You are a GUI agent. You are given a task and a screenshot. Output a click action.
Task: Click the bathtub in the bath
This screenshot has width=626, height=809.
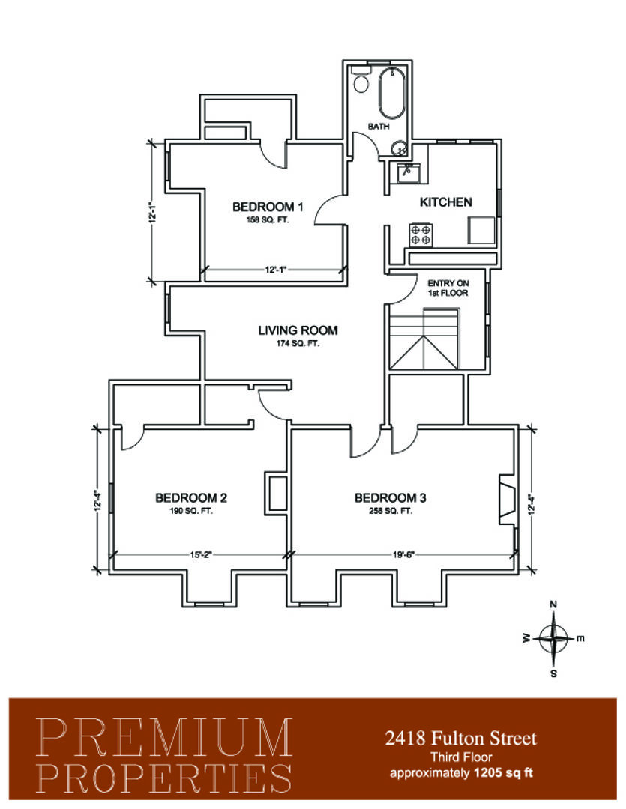pos(392,93)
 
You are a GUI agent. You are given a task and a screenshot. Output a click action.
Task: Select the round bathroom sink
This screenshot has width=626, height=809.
pos(398,149)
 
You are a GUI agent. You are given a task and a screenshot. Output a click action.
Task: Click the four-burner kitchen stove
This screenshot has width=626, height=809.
pos(420,234)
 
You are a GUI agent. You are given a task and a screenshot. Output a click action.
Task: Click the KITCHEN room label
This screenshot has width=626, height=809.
pos(445,202)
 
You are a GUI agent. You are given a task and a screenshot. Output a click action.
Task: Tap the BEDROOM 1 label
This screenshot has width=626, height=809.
pos(268,207)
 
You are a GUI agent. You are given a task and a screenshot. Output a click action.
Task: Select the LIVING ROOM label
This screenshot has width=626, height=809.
pos(298,330)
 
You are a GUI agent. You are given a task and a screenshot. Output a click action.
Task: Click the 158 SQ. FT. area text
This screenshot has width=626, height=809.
pos(267,220)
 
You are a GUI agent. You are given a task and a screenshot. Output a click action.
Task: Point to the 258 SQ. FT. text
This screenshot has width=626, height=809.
pos(390,512)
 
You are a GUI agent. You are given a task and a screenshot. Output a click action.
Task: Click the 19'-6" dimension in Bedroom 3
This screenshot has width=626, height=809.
pos(403,554)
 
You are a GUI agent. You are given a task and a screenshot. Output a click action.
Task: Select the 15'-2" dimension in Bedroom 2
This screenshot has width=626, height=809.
pos(201,554)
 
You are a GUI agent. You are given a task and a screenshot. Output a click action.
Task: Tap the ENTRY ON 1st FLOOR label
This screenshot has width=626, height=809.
pos(448,288)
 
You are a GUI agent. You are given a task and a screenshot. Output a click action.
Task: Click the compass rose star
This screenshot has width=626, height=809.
pos(553,639)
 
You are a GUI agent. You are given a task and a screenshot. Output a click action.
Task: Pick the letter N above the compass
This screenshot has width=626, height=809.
pos(553,605)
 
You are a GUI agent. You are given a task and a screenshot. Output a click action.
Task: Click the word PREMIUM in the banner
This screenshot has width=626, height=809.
pos(164,737)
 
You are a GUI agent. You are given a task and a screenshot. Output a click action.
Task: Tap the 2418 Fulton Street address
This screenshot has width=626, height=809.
pos(461,739)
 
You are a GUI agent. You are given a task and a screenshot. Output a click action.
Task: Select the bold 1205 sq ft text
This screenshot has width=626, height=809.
pos(504,773)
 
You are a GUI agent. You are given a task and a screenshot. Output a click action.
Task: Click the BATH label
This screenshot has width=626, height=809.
pos(379,127)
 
